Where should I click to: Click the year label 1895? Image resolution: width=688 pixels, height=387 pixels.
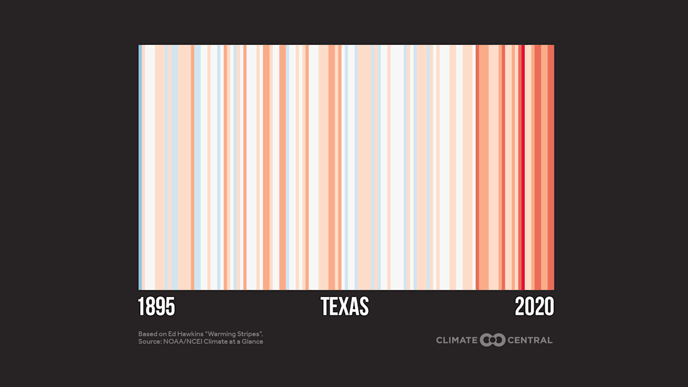tap(157, 307)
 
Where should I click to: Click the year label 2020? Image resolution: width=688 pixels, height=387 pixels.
tap(534, 307)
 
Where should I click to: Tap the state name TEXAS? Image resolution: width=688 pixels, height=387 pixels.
tap(345, 307)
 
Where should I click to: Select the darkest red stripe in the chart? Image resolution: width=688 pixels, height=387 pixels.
tap(523, 166)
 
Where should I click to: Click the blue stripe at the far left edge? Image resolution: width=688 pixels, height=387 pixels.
tap(140, 166)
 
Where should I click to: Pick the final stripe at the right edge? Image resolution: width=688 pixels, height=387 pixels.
tap(551, 166)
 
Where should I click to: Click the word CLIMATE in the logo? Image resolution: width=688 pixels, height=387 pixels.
tap(457, 340)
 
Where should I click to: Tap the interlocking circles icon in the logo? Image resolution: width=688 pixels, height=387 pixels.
tap(493, 340)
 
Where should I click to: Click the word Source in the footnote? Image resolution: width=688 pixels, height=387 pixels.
tap(148, 342)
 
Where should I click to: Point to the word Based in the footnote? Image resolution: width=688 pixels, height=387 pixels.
tap(147, 334)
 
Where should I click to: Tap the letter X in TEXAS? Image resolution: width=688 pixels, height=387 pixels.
tap(345, 307)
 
